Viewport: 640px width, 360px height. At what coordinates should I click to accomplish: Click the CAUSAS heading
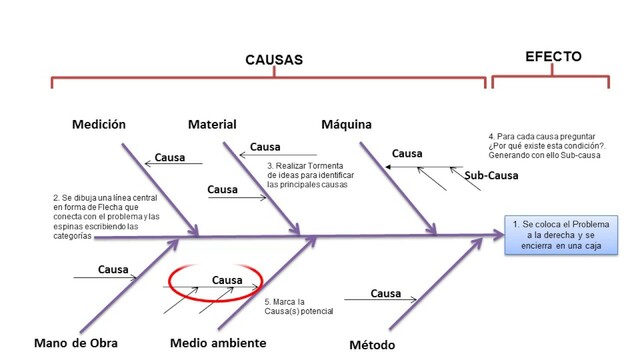coord(273,60)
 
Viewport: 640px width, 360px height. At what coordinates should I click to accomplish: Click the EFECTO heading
coord(553,57)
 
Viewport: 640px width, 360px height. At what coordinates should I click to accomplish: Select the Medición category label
coord(99,125)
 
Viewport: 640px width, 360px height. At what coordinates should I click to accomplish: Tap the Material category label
coord(212,125)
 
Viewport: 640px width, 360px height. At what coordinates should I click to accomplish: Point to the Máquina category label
coord(346,125)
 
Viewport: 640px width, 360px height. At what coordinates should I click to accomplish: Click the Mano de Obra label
coord(75,343)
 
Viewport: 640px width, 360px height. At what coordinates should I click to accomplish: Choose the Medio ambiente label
coord(218,343)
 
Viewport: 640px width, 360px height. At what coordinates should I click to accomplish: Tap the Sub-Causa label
coord(491,176)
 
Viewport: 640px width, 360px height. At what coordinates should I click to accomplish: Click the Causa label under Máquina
coord(407,154)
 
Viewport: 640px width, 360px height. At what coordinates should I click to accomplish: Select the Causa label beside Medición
coord(170,157)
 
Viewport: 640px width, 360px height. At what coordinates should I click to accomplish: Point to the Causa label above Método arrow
coord(386,293)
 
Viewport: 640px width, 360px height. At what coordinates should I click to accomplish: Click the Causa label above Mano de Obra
coord(114,269)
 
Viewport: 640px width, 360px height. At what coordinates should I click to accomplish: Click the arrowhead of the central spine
coord(499,237)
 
